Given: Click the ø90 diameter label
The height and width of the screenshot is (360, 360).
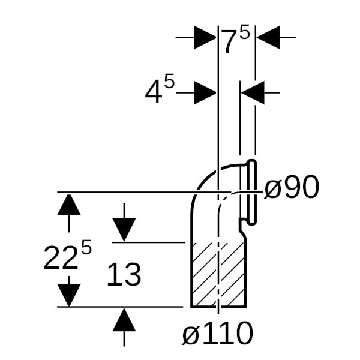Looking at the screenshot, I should [292, 189].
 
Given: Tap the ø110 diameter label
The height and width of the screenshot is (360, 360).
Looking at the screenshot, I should [217, 334].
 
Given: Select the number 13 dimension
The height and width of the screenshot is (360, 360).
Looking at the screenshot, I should [124, 275].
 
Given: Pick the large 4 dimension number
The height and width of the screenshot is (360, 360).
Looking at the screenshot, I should [153, 93].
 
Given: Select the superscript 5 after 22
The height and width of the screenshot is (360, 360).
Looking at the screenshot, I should [86, 248].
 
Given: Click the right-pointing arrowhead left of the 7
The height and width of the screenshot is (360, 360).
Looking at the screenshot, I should [205, 38].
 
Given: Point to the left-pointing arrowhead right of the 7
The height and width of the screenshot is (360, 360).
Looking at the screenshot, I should [268, 38].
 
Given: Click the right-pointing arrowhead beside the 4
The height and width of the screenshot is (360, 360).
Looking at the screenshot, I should [205, 92].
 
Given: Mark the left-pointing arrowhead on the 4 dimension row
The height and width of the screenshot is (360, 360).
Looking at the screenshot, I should [253, 92].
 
